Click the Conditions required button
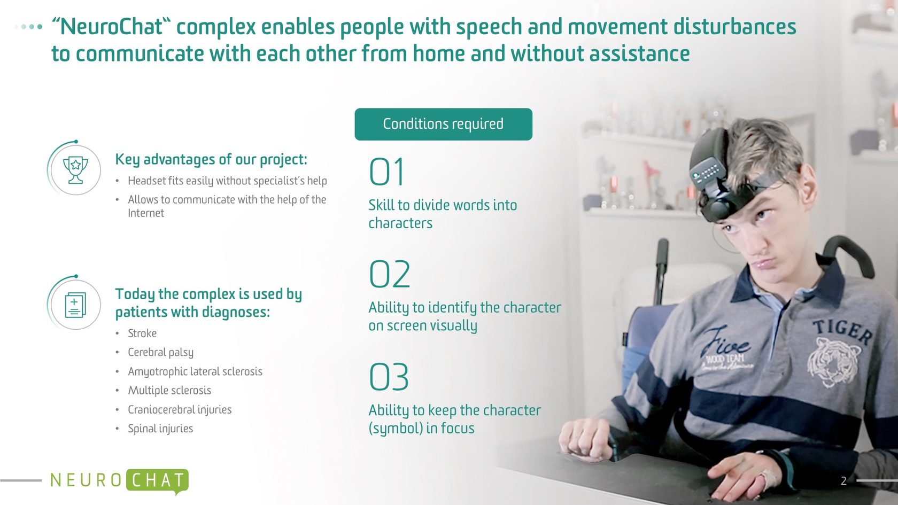pyautogui.click(x=444, y=124)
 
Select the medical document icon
pyautogui.click(x=75, y=305)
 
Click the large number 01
pyautogui.click(x=386, y=172)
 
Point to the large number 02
pyautogui.click(x=389, y=274)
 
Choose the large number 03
pyautogui.click(x=389, y=377)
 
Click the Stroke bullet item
pyautogui.click(x=142, y=333)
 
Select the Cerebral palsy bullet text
pyautogui.click(x=160, y=352)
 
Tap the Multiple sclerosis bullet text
pyautogui.click(x=169, y=390)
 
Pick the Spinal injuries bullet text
pyautogui.click(x=160, y=429)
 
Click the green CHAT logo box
pyautogui.click(x=157, y=480)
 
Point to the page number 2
pyautogui.click(x=843, y=480)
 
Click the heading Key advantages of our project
pyautogui.click(x=211, y=159)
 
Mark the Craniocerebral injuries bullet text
pyautogui.click(x=180, y=409)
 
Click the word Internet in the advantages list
pyautogui.click(x=146, y=213)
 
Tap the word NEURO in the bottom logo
pyautogui.click(x=86, y=480)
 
